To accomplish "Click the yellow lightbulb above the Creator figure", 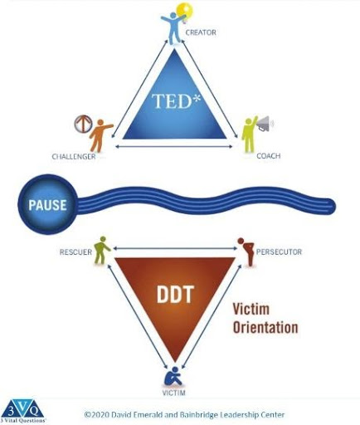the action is [x=185, y=12].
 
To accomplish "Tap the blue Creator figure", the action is [x=173, y=28].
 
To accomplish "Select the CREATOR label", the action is [x=201, y=32].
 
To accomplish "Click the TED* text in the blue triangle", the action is [x=176, y=101].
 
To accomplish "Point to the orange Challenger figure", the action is [x=100, y=135].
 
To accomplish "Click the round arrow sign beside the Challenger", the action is [x=83, y=124].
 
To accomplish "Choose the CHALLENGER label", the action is [x=74, y=157].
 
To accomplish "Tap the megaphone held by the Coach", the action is [x=264, y=124].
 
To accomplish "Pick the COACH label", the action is [x=269, y=156].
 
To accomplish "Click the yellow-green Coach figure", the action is [x=249, y=134].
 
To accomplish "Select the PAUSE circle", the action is [x=47, y=204].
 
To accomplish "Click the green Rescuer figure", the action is [x=101, y=250].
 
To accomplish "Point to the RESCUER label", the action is [x=75, y=252].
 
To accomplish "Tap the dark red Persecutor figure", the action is [x=246, y=252].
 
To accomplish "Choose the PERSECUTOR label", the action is [x=279, y=252].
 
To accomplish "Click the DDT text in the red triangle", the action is [x=175, y=294].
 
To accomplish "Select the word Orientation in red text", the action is [x=265, y=327].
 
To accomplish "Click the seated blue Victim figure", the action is [x=173, y=376].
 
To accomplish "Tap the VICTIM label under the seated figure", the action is [x=173, y=393].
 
